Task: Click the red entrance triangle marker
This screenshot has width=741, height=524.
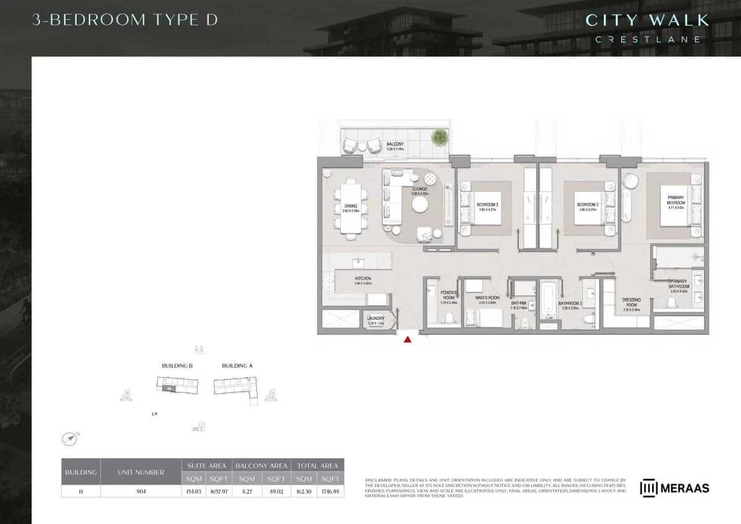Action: point(407,338)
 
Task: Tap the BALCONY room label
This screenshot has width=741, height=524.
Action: point(395,144)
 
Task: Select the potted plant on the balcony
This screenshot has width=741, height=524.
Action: point(440,136)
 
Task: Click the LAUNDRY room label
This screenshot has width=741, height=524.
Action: point(375,319)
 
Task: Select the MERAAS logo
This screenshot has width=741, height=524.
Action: point(674,488)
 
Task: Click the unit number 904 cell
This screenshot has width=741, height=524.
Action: point(140,491)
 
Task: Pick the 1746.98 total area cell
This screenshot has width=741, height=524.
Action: point(330,491)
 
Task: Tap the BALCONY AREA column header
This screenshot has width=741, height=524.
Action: point(262,465)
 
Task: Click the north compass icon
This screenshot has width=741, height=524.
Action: point(70,439)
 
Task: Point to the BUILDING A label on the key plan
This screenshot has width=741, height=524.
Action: point(237,366)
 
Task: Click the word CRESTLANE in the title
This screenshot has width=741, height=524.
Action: point(647,39)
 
